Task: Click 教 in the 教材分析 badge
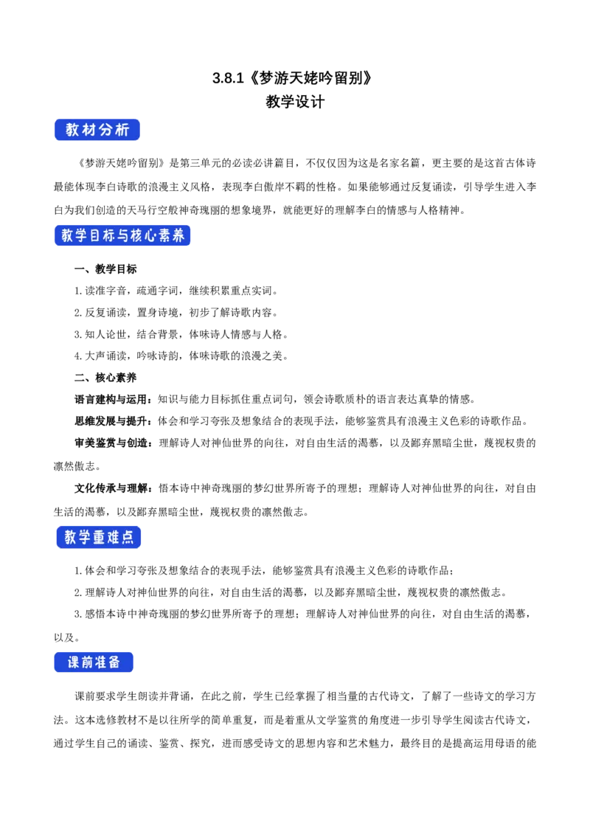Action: coord(72,130)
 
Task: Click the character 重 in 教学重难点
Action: coord(98,538)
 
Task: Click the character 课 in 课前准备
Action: coord(74,662)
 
